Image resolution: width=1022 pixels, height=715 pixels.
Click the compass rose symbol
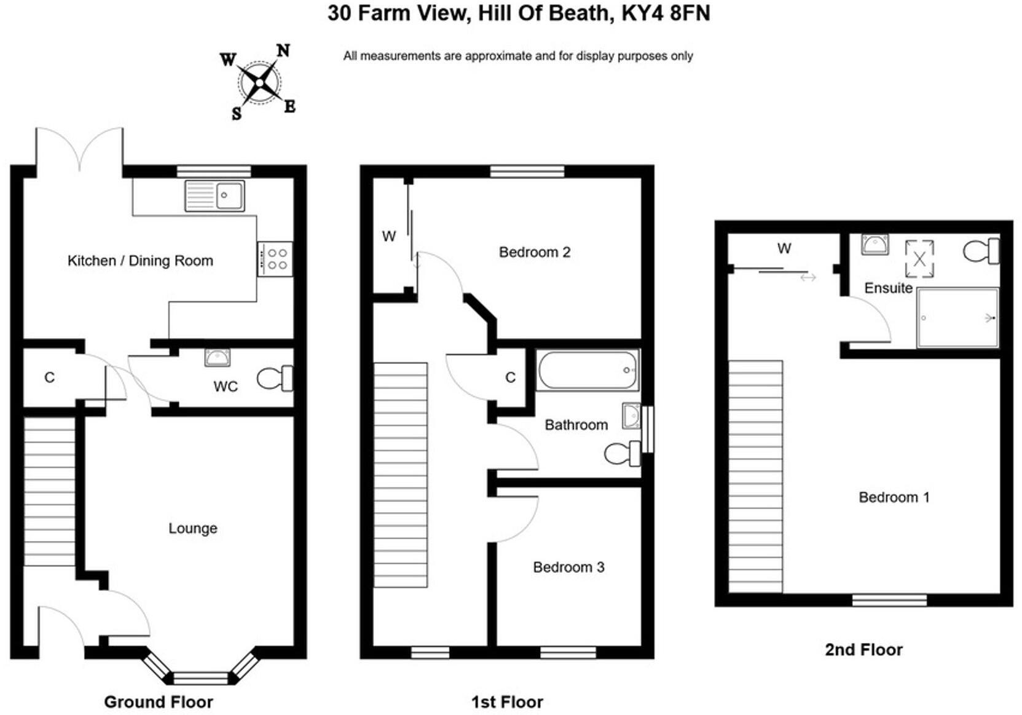260,82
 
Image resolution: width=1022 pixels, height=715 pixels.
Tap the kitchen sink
214,196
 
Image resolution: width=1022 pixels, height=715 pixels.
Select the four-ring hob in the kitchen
275,259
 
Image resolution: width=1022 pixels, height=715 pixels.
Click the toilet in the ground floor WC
275,379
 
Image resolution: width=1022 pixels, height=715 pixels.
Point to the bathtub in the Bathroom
588,370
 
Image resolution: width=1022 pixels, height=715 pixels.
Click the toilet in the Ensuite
981,251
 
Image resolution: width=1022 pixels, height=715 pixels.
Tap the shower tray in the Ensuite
957,318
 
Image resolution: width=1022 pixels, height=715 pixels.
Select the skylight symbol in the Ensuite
919,259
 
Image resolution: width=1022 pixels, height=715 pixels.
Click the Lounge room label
193,528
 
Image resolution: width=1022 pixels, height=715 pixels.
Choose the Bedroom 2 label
535,252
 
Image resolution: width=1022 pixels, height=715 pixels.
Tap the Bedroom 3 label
568,567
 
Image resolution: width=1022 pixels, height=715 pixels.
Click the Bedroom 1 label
894,497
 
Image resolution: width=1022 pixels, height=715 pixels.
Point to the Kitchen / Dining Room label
140,261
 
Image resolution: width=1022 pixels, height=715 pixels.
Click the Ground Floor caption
159,701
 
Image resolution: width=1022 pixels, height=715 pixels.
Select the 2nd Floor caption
863,649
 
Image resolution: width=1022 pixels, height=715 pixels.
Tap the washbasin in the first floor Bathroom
631,416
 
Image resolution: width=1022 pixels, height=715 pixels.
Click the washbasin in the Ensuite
875,244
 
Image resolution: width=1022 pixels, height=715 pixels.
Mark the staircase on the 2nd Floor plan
755,476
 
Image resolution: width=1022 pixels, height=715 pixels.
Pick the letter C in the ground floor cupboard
50,377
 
